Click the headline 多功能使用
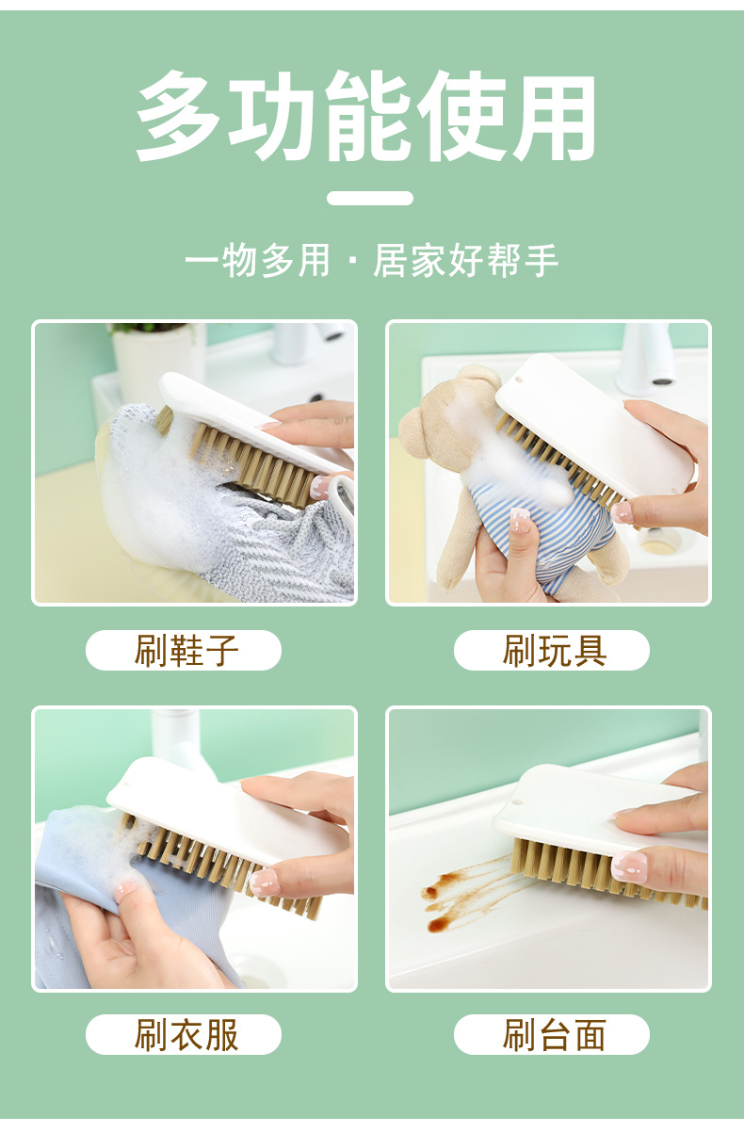(x=370, y=116)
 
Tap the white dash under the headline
(x=370, y=198)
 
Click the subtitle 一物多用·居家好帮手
(x=371, y=261)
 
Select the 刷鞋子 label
(x=184, y=650)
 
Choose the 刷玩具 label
(x=552, y=650)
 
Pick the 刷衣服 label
(x=184, y=1034)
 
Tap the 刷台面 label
(x=552, y=1034)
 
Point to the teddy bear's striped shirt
(x=537, y=527)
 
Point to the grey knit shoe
(x=283, y=556)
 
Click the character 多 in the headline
(x=179, y=116)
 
